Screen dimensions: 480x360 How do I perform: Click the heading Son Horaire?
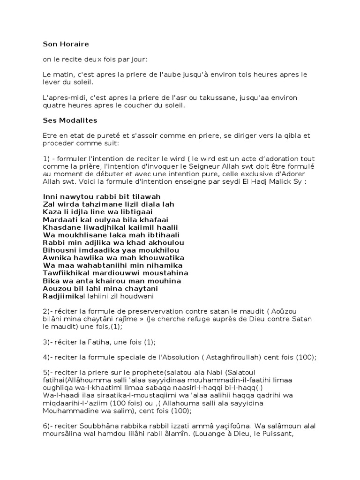click(x=66, y=44)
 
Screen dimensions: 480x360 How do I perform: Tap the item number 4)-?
click(x=49, y=357)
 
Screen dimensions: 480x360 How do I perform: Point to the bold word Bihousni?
click(x=59, y=250)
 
